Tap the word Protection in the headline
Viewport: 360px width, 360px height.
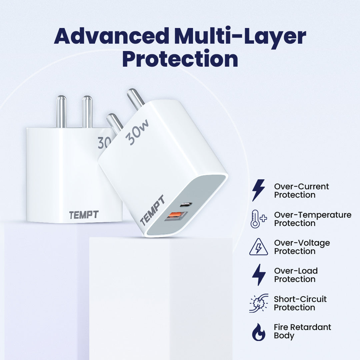point(180,58)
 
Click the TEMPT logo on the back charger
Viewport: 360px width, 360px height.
point(84,215)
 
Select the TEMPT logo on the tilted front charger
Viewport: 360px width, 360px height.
point(152,210)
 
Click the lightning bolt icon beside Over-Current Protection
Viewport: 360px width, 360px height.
point(259,190)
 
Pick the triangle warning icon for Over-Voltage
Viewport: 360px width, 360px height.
point(259,247)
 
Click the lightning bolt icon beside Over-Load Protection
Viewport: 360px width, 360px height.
point(259,275)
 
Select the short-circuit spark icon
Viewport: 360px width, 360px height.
point(259,303)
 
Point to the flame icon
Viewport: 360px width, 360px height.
point(259,332)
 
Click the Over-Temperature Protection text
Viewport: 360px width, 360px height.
point(313,219)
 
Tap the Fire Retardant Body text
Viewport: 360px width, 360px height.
point(302,331)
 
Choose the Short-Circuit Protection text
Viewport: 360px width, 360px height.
point(300,303)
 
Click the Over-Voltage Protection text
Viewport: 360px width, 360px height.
point(302,247)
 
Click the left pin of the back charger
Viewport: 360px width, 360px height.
point(61,112)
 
